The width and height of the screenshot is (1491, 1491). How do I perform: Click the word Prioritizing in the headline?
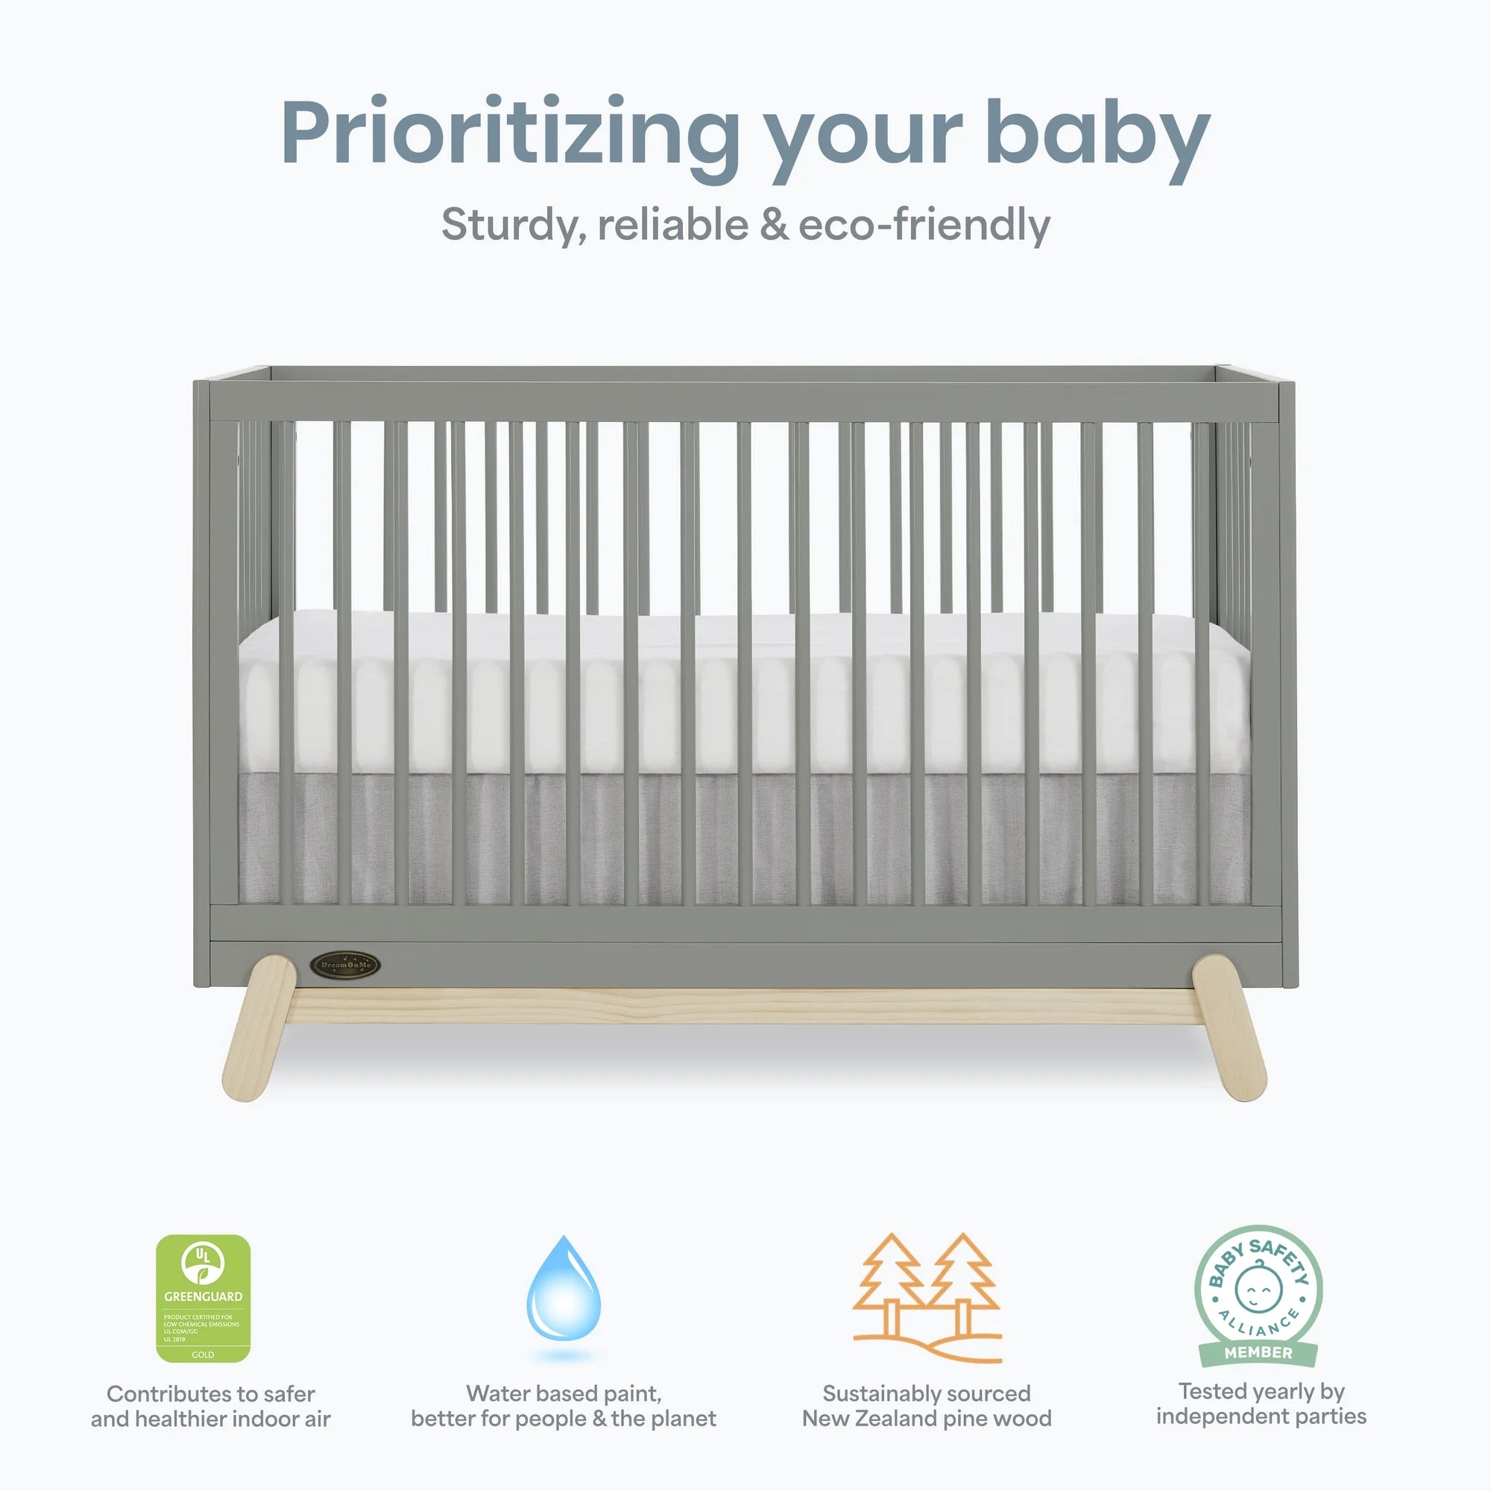509,133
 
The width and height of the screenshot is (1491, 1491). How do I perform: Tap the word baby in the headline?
1097,133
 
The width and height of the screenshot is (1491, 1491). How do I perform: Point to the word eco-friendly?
924,225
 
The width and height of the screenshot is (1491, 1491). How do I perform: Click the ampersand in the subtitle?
774,225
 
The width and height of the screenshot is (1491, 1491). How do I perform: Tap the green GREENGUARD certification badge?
203,1298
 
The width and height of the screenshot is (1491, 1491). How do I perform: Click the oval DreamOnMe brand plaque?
345,965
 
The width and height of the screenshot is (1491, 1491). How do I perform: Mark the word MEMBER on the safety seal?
1258,1352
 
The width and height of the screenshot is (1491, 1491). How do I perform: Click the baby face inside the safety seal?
1258,1288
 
